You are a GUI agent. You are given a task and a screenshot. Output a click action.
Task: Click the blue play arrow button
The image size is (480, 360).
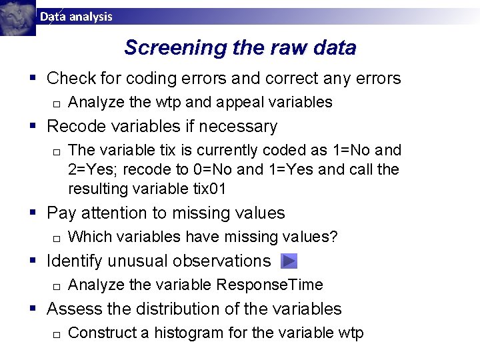289,261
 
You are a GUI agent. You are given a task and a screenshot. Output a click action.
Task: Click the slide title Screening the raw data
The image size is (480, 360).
240,48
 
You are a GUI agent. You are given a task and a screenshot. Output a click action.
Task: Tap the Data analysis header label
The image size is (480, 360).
76,17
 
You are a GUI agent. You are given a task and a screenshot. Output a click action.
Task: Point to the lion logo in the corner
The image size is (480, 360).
17,18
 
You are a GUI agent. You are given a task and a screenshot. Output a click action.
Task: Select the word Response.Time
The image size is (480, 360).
270,285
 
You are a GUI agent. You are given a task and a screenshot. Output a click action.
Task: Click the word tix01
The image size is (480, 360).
207,189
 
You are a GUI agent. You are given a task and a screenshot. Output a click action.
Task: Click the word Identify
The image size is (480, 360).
75,261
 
